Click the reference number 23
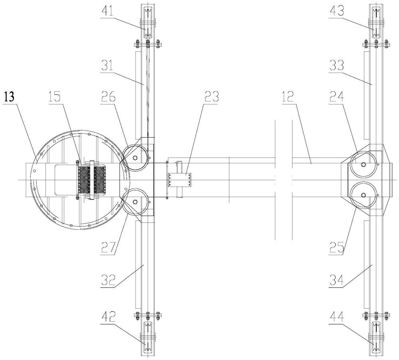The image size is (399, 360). (211, 97)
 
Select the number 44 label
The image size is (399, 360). (336, 318)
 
